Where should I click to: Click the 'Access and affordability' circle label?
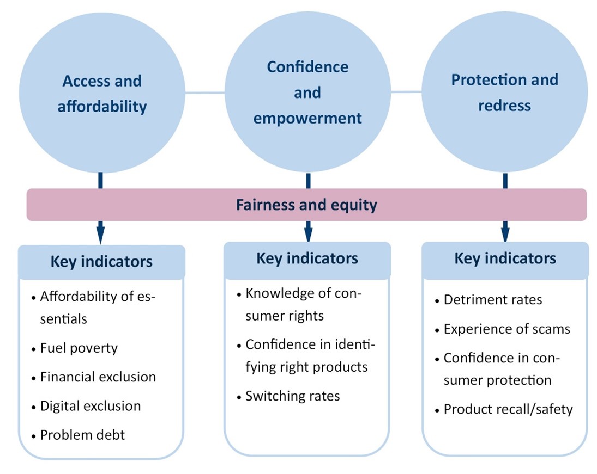[102, 94]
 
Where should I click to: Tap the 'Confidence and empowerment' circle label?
[307, 93]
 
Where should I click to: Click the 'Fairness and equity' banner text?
[306, 205]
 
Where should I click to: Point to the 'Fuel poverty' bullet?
[79, 348]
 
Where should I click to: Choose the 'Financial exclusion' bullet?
[98, 377]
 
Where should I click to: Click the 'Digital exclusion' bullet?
[90, 406]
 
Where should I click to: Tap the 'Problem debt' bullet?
[82, 435]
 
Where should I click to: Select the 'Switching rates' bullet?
[292, 396]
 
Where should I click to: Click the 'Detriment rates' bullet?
[492, 300]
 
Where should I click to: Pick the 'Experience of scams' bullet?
[506, 329]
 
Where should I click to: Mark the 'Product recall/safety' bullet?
[508, 409]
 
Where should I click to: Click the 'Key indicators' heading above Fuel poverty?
[101, 262]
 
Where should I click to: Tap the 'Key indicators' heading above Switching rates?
[307, 258]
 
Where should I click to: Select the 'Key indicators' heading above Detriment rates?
[505, 258]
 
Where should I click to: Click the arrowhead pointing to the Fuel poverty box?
[101, 235]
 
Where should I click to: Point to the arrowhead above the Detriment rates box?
[505, 232]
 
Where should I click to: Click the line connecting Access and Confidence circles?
[205, 93]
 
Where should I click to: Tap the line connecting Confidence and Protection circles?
[406, 92]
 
